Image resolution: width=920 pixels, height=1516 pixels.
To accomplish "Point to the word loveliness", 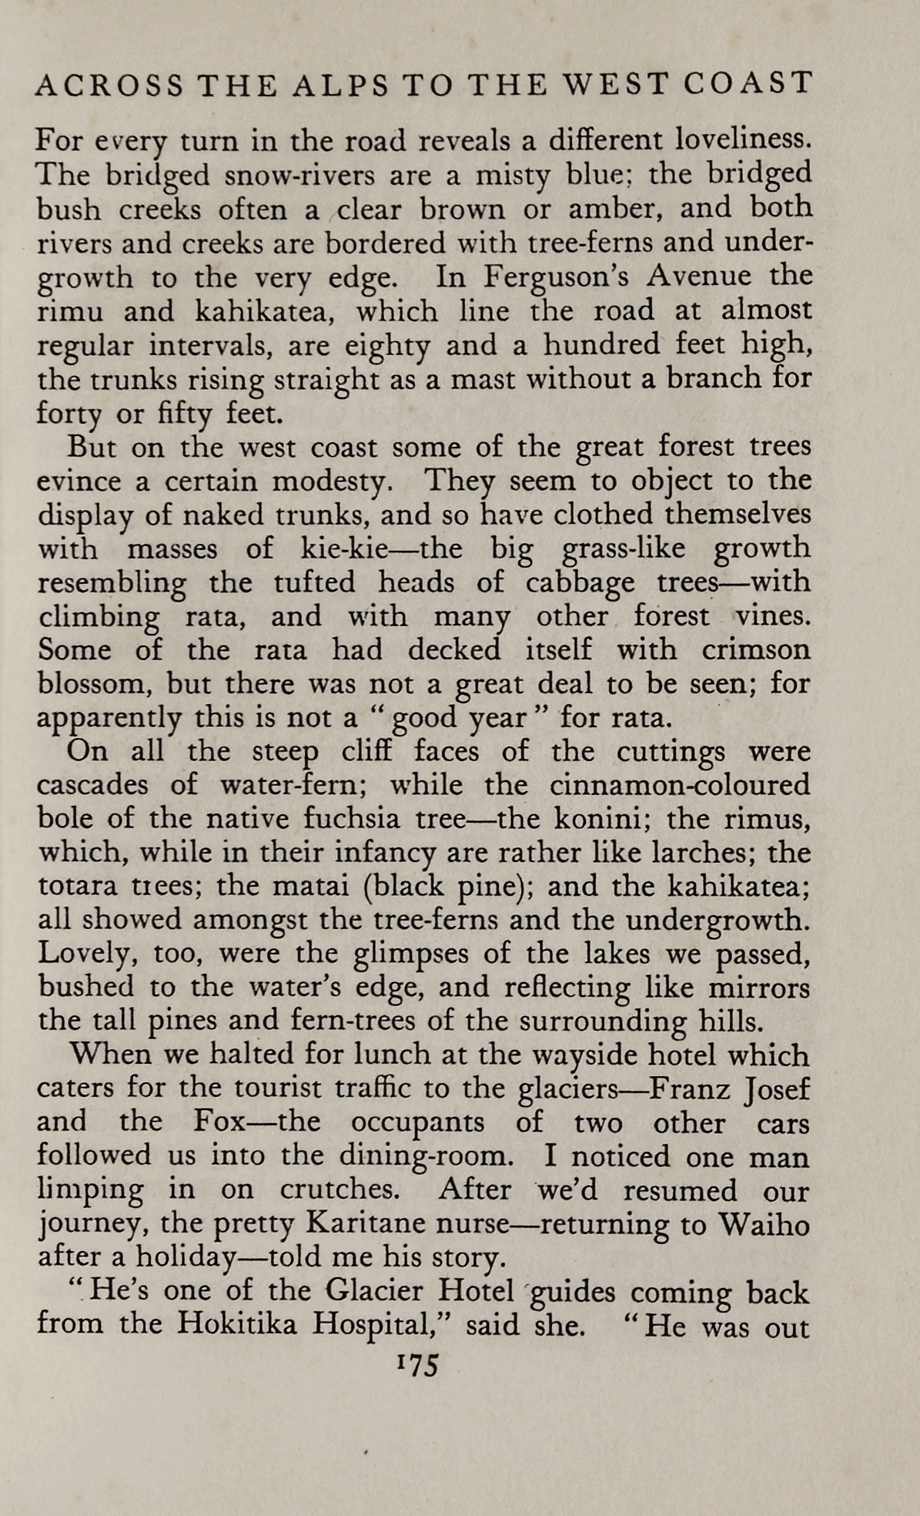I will [x=741, y=141].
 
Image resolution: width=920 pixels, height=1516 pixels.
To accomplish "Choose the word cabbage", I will [x=580, y=583].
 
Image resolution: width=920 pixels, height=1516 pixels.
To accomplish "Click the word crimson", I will [x=755, y=650].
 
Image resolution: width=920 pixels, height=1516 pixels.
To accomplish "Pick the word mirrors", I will [x=760, y=988].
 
